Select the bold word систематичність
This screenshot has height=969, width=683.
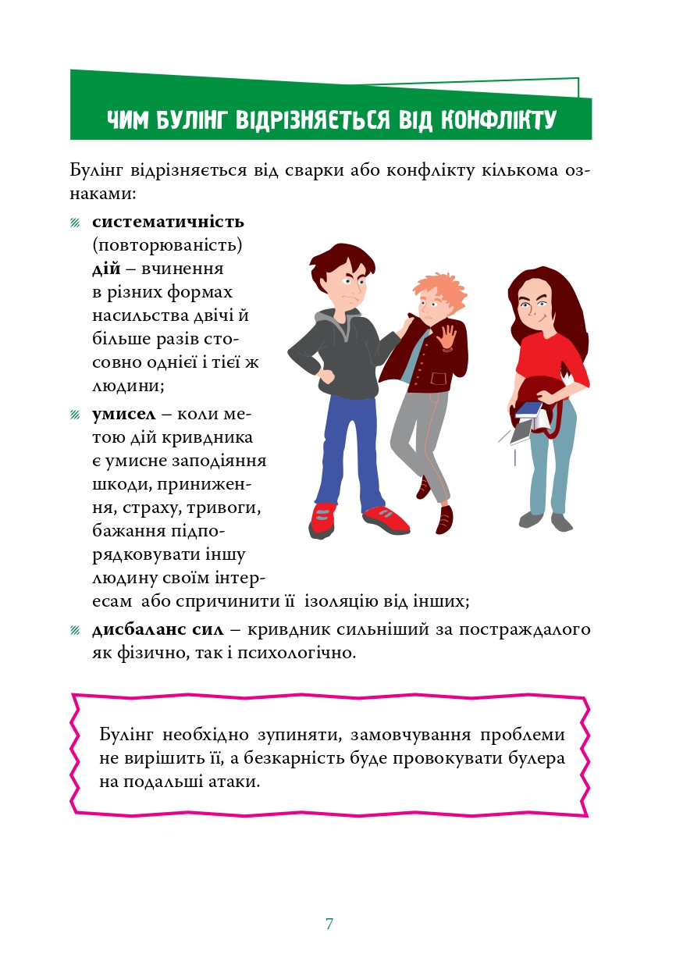click(168, 222)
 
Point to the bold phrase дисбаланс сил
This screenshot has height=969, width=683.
click(158, 629)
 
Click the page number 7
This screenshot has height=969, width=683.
click(329, 924)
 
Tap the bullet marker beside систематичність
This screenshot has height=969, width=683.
click(75, 223)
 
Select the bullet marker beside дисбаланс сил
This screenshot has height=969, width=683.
click(75, 630)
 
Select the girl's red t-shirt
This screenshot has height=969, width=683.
click(549, 355)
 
